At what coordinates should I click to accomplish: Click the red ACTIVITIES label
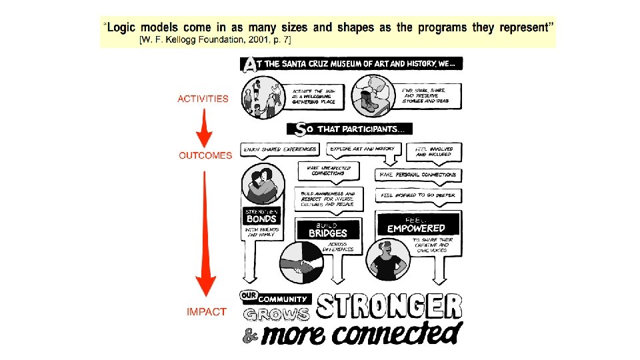point(203,99)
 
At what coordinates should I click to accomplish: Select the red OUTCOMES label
point(205,155)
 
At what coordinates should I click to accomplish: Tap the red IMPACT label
point(207,311)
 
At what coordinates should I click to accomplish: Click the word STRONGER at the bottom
point(389,306)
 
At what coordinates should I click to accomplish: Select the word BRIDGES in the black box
point(328,233)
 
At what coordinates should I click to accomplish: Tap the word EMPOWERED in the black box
point(417,228)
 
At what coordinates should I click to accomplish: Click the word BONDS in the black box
point(261,218)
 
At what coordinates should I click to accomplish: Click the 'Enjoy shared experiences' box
point(280,149)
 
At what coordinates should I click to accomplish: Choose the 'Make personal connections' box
point(418,175)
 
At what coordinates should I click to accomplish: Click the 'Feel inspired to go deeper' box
point(418,195)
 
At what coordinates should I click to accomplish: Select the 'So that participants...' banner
point(350,129)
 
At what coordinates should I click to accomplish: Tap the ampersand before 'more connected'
point(249,337)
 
